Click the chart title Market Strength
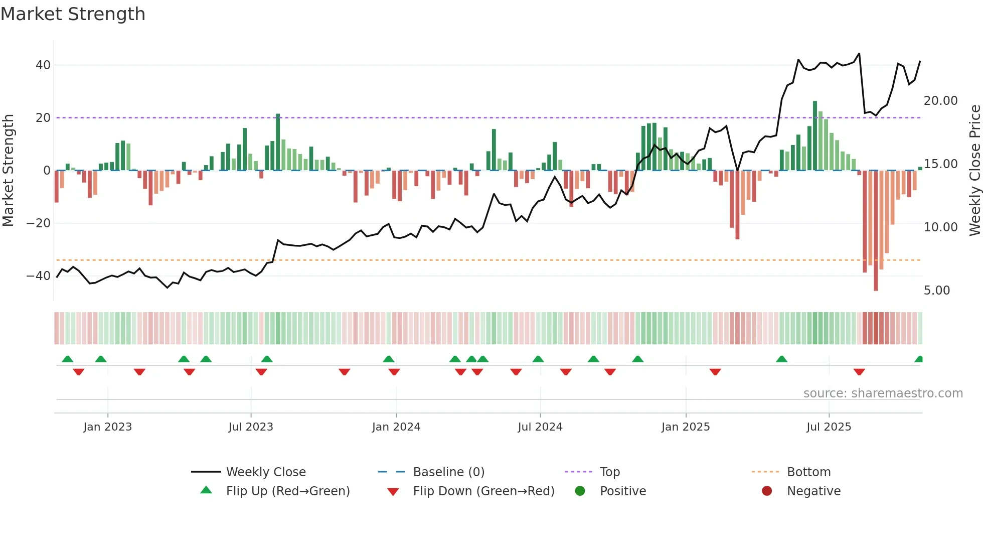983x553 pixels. coord(73,14)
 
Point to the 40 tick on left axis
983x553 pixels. coord(43,65)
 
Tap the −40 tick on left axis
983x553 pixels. coord(39,275)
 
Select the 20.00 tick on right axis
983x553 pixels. coord(940,101)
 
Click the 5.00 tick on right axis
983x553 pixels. coord(936,291)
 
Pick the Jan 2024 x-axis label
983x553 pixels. coord(396,427)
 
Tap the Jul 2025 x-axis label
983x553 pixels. coord(829,427)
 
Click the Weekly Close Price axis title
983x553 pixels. coord(974,171)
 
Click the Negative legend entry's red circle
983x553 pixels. coord(767,491)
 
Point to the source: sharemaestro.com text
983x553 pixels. coord(883,393)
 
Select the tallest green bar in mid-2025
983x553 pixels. coord(815,135)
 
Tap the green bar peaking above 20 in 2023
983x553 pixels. coord(278,142)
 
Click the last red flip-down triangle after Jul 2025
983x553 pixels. coord(859,372)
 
